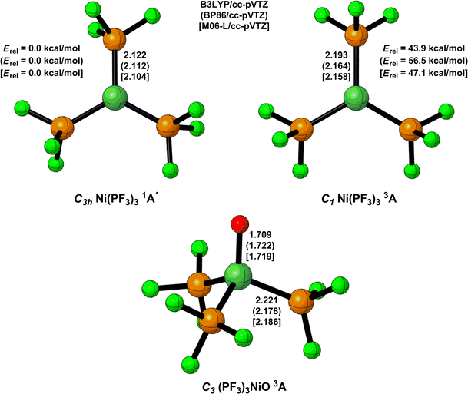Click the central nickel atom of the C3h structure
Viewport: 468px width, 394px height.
pyautogui.click(x=115, y=98)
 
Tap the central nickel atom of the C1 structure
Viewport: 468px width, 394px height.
pyautogui.click(x=355, y=98)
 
